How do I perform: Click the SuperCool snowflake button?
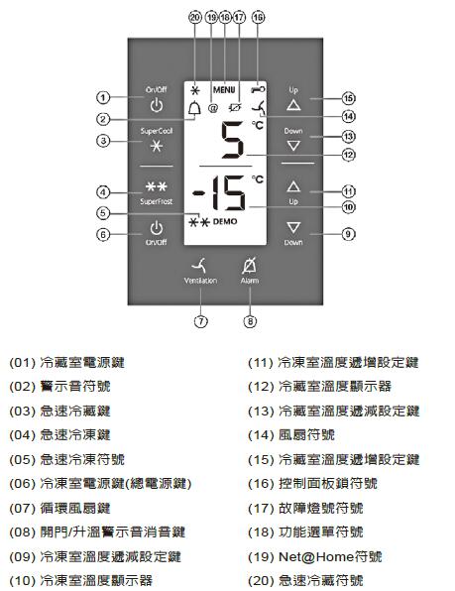pos(157,146)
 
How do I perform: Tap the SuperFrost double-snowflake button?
pos(157,186)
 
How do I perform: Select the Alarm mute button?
pos(249,266)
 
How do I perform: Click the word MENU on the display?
pos(224,89)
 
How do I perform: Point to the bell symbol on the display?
pos(194,109)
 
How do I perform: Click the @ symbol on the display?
pos(213,108)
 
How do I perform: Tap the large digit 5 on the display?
pos(232,140)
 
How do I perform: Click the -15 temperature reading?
pos(219,193)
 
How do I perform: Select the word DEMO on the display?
pos(225,221)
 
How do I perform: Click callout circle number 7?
pos(201,321)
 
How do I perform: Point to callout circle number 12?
pos(348,155)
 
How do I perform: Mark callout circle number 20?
pos(195,17)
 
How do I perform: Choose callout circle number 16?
pos(258,17)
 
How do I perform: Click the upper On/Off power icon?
pos(157,105)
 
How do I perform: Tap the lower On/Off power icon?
pos(157,228)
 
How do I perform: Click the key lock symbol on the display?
pos(258,89)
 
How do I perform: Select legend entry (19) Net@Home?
pos(315,556)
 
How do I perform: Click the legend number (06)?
pos(23,484)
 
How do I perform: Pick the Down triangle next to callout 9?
pos(293,227)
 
